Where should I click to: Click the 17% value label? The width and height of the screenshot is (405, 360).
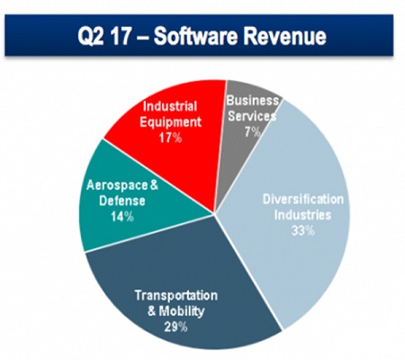coord(170,138)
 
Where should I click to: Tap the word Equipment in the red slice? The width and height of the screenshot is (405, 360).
coord(170,122)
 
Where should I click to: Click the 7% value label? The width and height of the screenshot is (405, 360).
coord(252,132)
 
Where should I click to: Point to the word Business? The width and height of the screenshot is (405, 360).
coord(253,101)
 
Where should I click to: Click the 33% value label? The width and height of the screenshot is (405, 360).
coord(303,230)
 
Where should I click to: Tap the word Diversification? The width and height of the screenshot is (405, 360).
coord(303,199)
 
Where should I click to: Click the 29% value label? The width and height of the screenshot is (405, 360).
coord(176,327)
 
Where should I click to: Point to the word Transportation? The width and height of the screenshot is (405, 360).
coord(176,295)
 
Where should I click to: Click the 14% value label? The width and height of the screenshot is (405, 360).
coord(122,217)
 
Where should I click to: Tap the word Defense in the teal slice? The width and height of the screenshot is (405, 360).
coord(122,201)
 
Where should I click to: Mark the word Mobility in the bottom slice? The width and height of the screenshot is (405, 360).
coord(182,311)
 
